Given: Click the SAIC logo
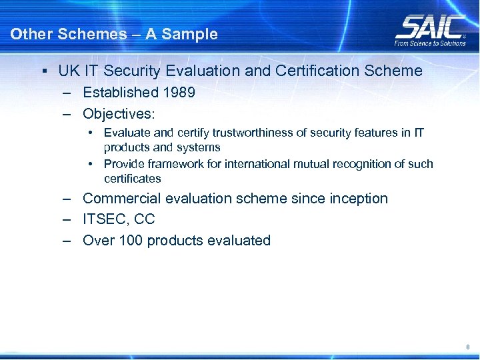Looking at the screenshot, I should [430, 26].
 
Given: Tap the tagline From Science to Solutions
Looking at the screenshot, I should [430, 43].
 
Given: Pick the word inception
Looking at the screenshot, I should [359, 199].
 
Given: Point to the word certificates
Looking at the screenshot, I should [132, 179].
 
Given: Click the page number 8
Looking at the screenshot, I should [468, 347].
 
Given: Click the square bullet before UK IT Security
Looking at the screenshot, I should [43, 71].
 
